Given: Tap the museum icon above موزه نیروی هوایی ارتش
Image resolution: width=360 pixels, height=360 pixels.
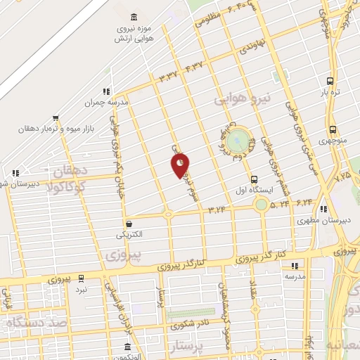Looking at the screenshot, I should coord(134,17).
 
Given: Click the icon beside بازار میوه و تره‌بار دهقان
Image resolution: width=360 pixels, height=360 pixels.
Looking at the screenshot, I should coord(56,118).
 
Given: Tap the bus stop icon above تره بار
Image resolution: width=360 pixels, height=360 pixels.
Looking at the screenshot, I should coord(331,80).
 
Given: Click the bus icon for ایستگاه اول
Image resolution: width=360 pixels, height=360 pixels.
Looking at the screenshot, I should coord(254,179).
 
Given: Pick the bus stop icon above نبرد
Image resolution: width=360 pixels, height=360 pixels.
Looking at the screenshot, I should coord(82,278).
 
